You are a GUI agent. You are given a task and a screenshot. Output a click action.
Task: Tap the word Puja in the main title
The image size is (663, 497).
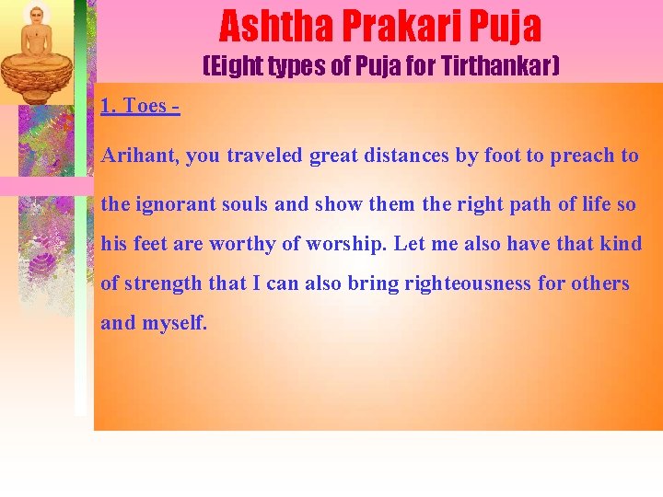pos(506,27)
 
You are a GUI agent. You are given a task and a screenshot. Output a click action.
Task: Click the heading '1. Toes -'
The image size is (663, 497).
pos(139,106)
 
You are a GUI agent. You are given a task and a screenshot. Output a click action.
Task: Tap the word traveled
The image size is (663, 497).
pos(265,156)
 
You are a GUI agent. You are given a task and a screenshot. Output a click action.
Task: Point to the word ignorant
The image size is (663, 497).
pos(175,204)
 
